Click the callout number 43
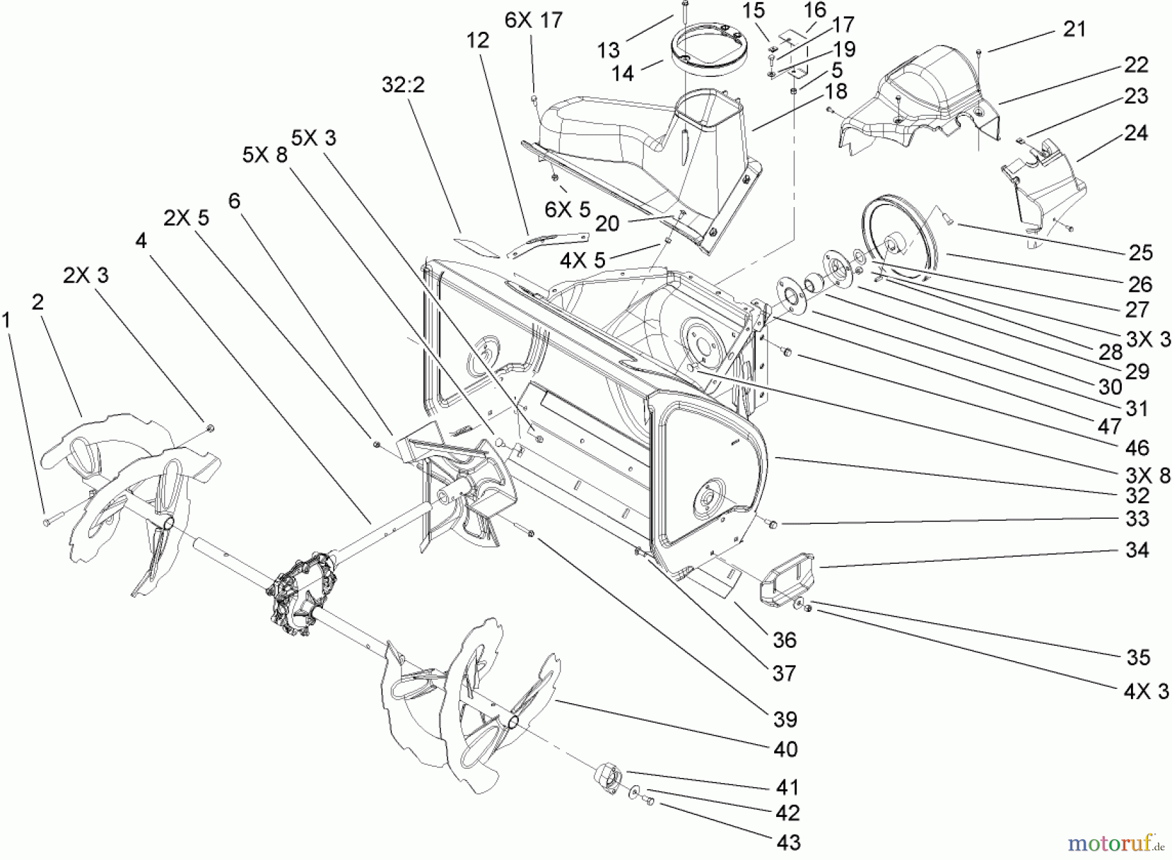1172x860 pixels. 788,842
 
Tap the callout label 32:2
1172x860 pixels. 404,85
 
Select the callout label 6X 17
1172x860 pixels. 533,20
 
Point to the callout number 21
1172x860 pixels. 1074,29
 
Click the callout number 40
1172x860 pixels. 786,749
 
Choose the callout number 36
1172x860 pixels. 785,640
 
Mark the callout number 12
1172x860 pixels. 477,40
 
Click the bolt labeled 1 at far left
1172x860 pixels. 48,521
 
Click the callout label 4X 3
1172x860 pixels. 1147,691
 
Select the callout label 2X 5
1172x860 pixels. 186,218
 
